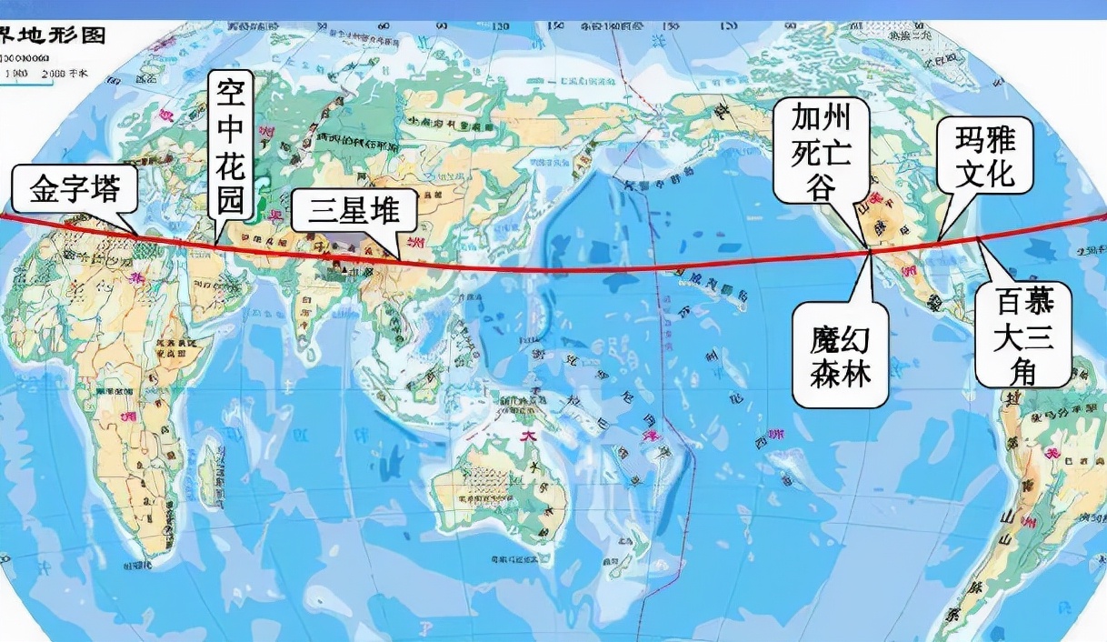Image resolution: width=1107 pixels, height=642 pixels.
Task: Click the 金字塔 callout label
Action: tap(75, 190)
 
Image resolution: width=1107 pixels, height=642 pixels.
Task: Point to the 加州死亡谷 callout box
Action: tap(822, 150)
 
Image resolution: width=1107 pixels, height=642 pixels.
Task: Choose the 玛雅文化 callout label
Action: tap(985, 155)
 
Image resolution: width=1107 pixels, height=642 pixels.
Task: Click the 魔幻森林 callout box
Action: tap(840, 356)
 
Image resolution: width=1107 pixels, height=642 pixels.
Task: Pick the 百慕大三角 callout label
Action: tap(1022, 335)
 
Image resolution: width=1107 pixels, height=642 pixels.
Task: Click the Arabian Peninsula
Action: tap(218, 282)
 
